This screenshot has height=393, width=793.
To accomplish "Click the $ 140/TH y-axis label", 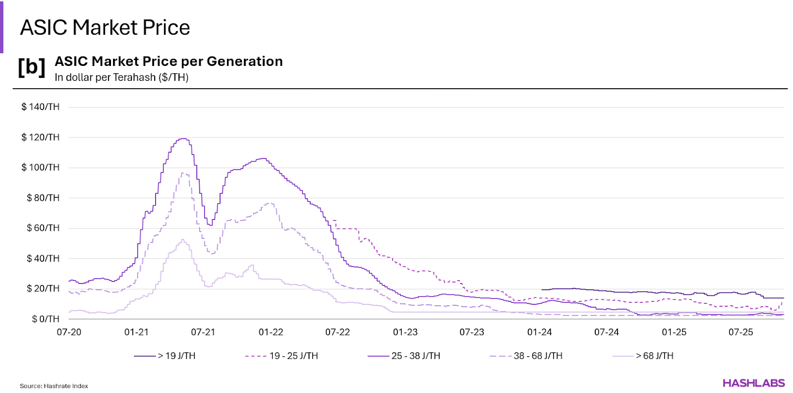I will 40,107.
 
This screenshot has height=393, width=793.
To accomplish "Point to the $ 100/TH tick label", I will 40,167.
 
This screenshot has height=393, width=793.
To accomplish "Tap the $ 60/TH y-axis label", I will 43,228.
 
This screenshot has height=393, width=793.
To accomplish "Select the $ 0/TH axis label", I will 46,319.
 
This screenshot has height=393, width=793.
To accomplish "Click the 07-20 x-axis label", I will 69,332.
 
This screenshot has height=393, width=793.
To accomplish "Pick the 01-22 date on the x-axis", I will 271,332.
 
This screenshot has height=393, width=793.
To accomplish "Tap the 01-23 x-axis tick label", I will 405,332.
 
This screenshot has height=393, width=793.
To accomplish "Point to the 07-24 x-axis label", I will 607,332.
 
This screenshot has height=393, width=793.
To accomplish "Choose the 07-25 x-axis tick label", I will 740,332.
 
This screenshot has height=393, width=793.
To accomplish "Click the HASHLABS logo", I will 753,383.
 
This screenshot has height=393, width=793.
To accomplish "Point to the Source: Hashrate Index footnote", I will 54,386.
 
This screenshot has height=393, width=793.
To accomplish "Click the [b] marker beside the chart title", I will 31,67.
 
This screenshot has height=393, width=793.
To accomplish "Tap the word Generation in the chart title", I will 244,61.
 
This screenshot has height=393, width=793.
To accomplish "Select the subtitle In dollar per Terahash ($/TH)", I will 121,77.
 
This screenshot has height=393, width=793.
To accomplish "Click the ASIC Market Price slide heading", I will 105,28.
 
